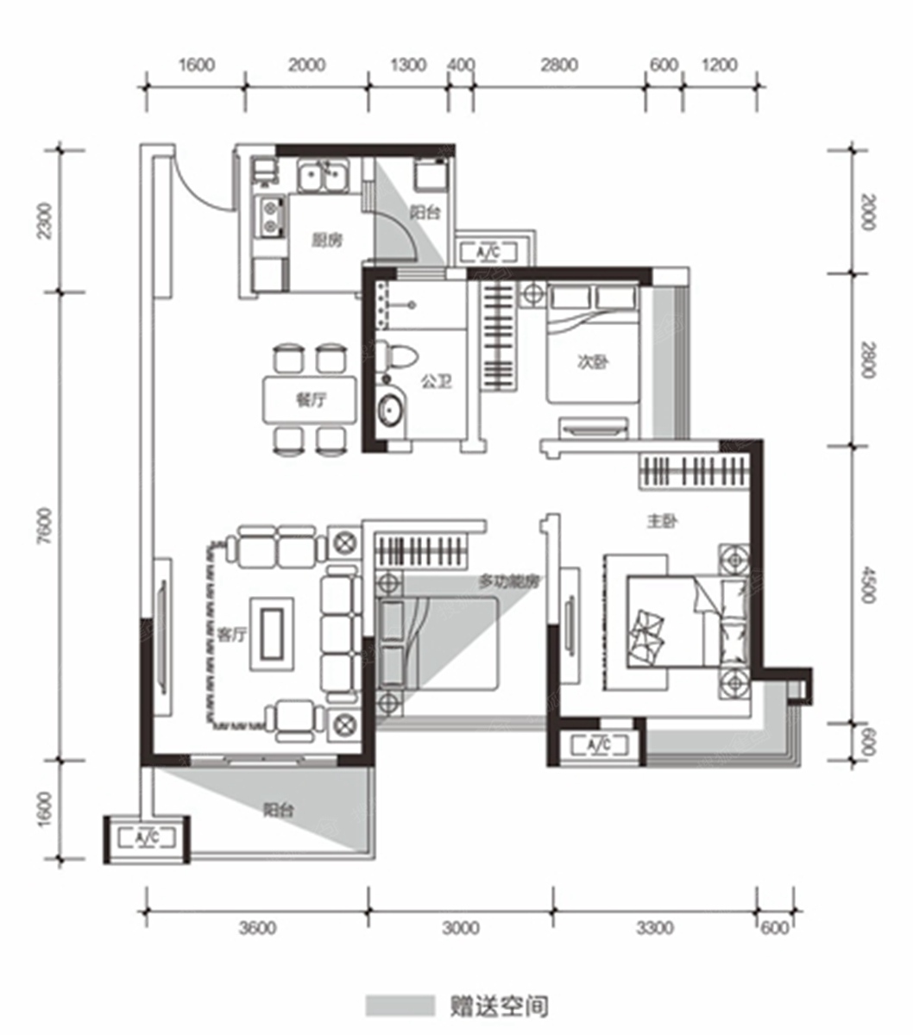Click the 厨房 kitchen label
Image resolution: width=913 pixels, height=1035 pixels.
click(327, 240)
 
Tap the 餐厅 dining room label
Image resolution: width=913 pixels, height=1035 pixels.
click(311, 400)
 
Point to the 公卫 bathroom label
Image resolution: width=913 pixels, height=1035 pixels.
click(436, 381)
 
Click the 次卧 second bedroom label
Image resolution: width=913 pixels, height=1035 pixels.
click(593, 362)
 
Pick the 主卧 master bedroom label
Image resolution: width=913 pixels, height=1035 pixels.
click(662, 522)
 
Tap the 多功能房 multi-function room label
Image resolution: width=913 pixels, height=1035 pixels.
click(508, 581)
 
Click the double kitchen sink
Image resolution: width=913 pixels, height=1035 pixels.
click(324, 175)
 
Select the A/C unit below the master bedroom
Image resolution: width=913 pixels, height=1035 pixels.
click(599, 746)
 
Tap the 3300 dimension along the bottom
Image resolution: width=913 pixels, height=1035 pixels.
click(655, 928)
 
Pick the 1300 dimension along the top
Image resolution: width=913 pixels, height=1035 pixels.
click(408, 65)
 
